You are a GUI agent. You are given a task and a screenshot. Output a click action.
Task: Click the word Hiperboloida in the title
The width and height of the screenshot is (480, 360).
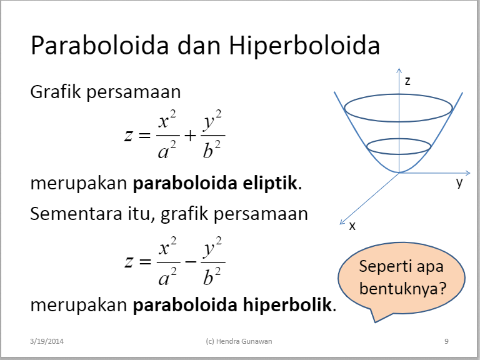click(x=304, y=47)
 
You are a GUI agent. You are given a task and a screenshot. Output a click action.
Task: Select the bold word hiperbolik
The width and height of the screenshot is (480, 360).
click(x=292, y=306)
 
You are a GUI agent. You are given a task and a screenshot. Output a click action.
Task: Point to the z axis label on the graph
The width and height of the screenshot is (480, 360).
click(x=407, y=81)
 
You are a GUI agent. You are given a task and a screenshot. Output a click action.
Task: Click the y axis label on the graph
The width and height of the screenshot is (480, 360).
click(x=459, y=183)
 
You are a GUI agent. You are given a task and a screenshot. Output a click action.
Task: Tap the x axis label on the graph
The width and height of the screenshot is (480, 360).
click(x=352, y=226)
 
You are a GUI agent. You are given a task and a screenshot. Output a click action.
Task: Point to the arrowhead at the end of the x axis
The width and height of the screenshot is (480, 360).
click(x=341, y=221)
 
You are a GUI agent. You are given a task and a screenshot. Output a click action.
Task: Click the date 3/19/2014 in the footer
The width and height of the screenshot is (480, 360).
click(x=47, y=341)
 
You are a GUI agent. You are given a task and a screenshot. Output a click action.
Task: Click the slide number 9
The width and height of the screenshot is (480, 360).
click(x=446, y=341)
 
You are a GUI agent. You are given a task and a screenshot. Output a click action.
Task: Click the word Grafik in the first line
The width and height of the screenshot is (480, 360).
click(x=56, y=92)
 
